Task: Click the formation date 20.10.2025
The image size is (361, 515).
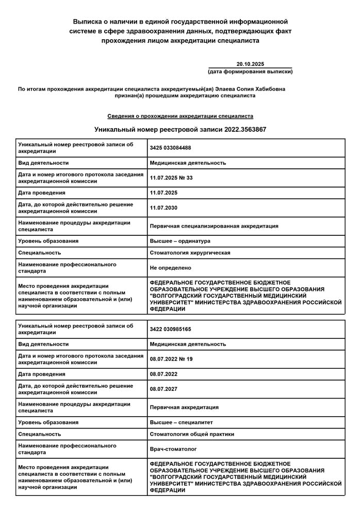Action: point(250,63)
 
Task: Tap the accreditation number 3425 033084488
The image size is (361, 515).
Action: point(170,148)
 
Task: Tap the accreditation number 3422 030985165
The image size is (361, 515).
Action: point(170,329)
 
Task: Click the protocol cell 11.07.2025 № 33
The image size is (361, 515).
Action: point(171,178)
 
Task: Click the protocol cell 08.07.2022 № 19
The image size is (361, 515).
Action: point(171,359)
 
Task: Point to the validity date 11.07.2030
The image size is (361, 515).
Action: point(163,208)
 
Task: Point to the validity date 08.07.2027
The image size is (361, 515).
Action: point(163,389)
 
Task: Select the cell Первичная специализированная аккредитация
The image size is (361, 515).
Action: point(214,226)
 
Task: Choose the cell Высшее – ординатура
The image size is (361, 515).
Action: point(180,241)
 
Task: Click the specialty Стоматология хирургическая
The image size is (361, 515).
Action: point(190,253)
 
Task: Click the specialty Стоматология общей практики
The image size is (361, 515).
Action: point(192,434)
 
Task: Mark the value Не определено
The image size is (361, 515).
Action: point(170,268)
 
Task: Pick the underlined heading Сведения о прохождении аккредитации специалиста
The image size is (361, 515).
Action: point(180,116)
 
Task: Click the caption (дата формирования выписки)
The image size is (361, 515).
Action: point(250,72)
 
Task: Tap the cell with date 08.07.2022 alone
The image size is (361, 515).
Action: point(163,374)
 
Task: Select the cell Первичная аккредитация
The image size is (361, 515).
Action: point(184,407)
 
